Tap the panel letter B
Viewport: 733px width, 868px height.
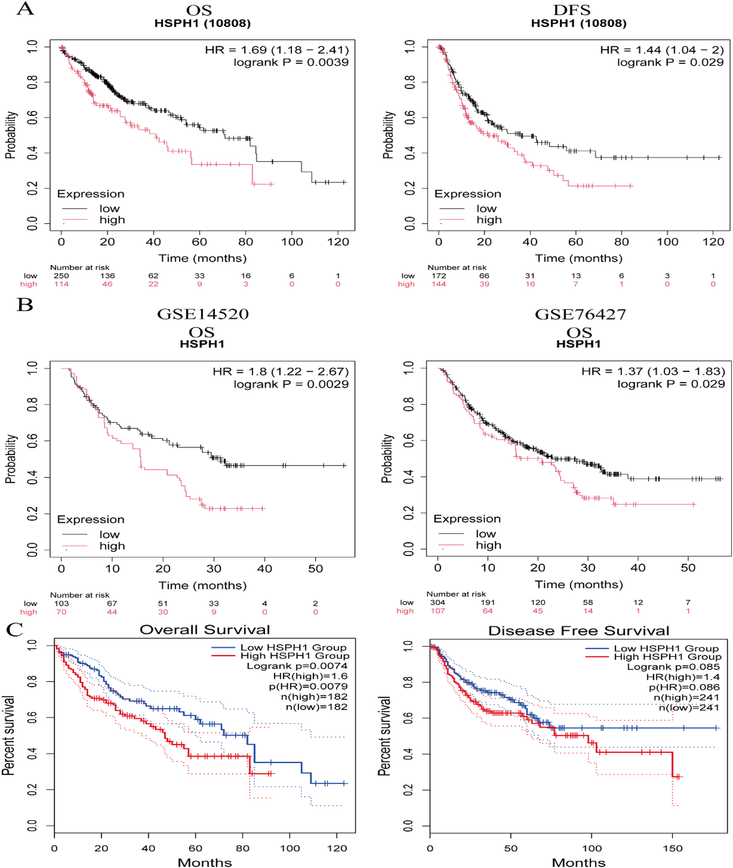click(25, 305)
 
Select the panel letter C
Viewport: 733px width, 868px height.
click(15, 629)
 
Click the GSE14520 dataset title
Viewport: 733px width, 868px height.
click(203, 314)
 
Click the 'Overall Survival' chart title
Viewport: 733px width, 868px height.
click(205, 630)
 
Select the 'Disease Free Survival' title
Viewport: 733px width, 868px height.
click(578, 631)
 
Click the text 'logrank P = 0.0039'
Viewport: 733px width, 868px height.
click(291, 62)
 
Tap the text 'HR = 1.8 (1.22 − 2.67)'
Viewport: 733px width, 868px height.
click(281, 371)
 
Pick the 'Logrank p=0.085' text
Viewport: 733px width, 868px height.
click(673, 667)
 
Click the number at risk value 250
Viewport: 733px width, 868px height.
click(61, 275)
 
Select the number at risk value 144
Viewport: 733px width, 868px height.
click(438, 284)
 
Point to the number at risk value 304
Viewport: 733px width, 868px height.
click(437, 602)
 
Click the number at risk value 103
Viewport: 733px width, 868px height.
click(61, 603)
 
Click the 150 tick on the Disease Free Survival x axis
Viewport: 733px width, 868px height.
click(673, 848)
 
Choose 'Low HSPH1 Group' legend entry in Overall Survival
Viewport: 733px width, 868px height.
click(293, 647)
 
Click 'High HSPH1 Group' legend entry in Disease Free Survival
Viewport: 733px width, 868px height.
click(667, 657)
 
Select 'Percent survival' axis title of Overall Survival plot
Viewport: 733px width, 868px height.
click(8, 736)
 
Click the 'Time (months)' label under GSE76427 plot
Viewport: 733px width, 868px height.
click(578, 584)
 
